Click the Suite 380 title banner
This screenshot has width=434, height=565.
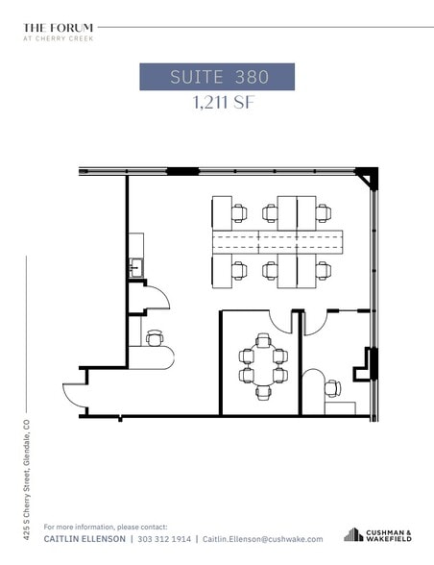(x=216, y=76)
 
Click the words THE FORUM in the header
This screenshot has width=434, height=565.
(x=58, y=28)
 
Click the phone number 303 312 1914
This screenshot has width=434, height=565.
(x=165, y=540)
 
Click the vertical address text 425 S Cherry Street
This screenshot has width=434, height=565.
(x=28, y=471)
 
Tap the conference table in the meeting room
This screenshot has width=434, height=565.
(x=263, y=365)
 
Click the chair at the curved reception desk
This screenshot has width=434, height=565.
(x=154, y=337)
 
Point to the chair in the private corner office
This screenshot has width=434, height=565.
(x=332, y=388)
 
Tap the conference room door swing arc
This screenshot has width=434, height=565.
(x=281, y=322)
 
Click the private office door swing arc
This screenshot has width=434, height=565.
(x=314, y=323)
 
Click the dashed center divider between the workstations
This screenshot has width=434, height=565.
(x=277, y=241)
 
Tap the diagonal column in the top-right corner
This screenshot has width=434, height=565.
(x=367, y=179)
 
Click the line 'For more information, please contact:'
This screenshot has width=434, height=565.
(x=106, y=527)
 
